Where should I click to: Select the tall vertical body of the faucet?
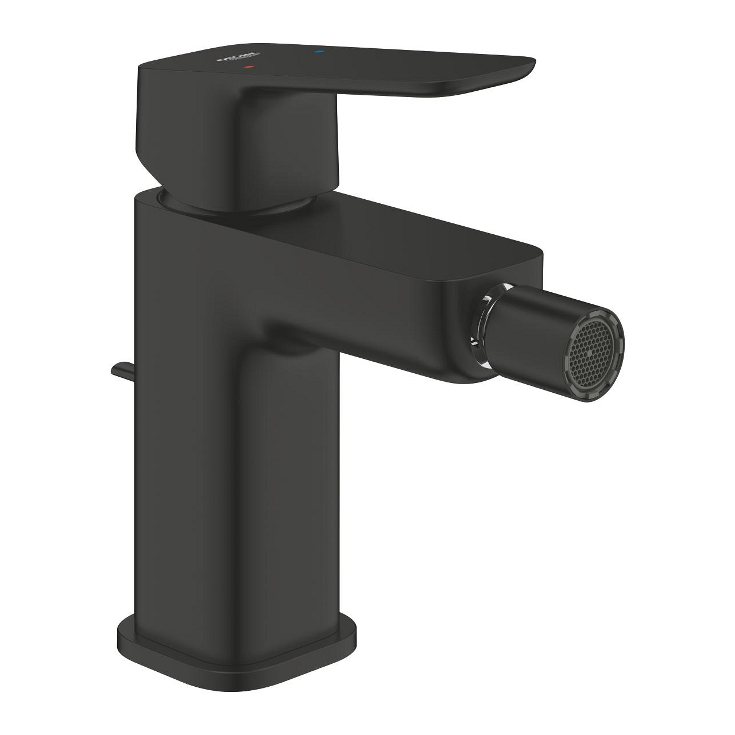point(230,459)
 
